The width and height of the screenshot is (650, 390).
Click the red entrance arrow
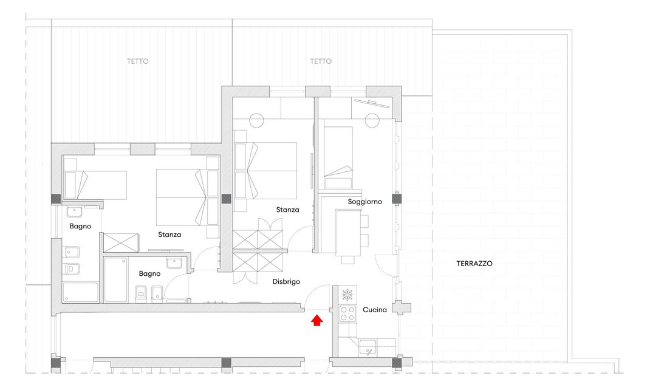pos(316,320)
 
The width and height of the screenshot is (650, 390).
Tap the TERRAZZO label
pos(474,263)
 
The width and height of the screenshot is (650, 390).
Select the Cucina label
pos(375,310)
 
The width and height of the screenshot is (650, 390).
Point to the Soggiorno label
pos(365,202)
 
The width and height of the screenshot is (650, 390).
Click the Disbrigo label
pos(287,281)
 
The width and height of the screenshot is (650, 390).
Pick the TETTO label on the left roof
pos(138,61)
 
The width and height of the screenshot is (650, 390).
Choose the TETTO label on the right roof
pos(321,61)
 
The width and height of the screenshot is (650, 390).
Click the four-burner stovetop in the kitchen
pos(347,313)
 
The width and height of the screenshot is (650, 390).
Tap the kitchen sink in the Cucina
pos(368,347)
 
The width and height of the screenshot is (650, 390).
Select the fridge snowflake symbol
pos(347,295)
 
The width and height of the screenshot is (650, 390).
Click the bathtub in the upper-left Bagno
pos(80,292)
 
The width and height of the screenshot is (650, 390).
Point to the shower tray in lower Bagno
pos(115,280)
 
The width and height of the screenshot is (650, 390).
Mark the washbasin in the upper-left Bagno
pos(75,212)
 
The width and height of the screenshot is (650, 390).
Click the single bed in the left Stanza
pos(95,185)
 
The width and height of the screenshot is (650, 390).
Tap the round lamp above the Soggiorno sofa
pos(372,121)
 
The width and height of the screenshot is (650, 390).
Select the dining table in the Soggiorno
pos(348,233)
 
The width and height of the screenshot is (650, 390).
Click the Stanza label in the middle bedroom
pos(288,210)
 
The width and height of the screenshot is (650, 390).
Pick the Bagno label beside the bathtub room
pos(80,226)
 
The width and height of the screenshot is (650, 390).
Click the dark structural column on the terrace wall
pos(397,199)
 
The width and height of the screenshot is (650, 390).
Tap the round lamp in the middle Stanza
pos(256,121)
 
